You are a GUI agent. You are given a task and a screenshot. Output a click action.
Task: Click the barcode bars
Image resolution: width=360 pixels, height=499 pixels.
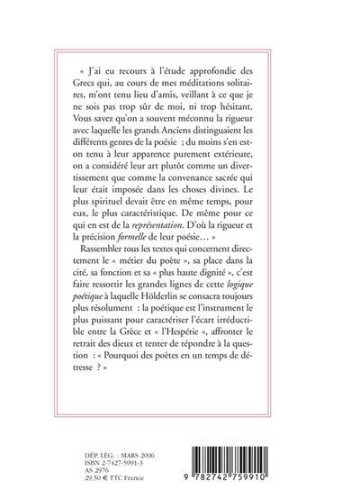(242, 447)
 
